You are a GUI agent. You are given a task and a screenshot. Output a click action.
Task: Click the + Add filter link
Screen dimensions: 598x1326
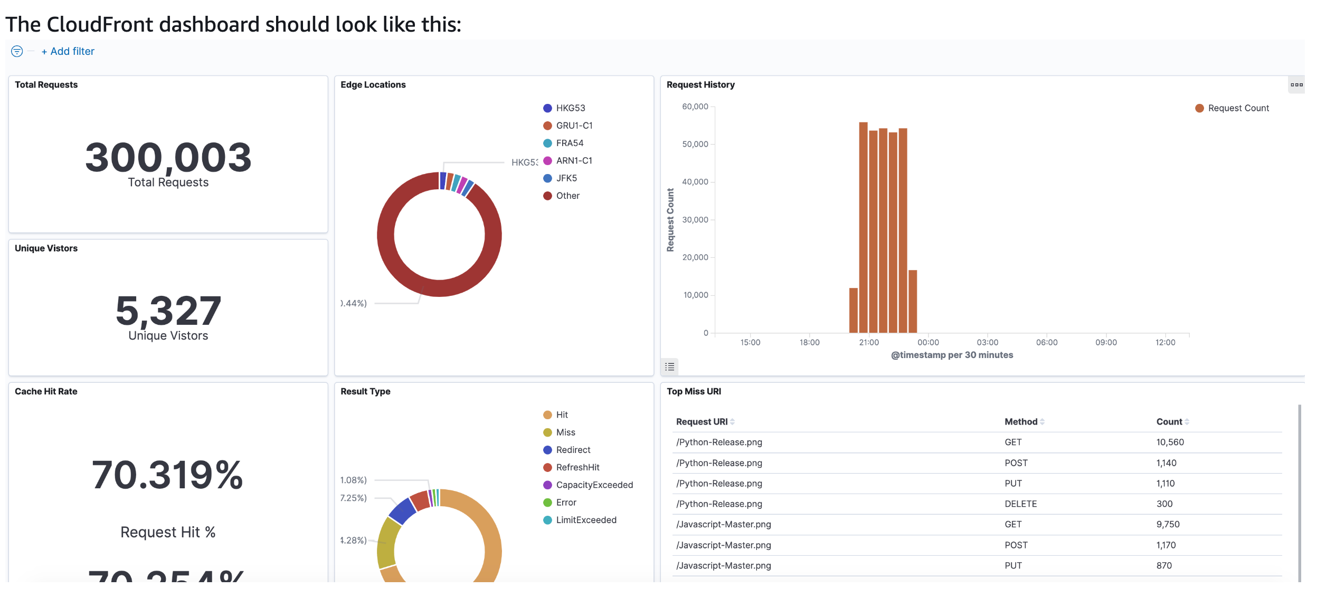pyautogui.click(x=68, y=51)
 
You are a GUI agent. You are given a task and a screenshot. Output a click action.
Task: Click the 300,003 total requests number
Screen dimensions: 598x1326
pyautogui.click(x=168, y=157)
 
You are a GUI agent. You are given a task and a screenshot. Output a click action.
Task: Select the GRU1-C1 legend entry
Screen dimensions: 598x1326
pyautogui.click(x=574, y=126)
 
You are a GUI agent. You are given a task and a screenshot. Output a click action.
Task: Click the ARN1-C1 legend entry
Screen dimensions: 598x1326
pyautogui.click(x=574, y=160)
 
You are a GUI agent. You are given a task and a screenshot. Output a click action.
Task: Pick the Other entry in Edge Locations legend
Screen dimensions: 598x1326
pyautogui.click(x=567, y=196)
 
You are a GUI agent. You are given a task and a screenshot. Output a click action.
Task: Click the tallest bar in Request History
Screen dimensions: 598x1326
pyautogui.click(x=863, y=227)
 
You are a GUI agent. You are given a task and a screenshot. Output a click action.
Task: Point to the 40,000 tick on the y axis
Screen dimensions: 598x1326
pyautogui.click(x=695, y=182)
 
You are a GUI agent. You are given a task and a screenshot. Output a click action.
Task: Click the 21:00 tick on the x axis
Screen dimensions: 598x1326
pyautogui.click(x=869, y=343)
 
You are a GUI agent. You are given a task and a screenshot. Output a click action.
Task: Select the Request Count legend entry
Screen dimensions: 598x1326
pyautogui.click(x=1238, y=108)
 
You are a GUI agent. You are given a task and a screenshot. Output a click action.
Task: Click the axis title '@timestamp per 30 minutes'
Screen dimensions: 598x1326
pyautogui.click(x=952, y=355)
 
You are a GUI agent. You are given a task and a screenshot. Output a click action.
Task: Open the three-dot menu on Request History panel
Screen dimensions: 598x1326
pyautogui.click(x=1296, y=85)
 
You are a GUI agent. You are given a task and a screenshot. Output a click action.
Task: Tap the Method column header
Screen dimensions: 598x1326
pyautogui.click(x=1020, y=422)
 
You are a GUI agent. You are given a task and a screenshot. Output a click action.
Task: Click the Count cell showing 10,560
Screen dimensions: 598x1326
pyautogui.click(x=1170, y=442)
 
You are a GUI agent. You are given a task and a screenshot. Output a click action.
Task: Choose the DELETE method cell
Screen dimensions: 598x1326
pyautogui.click(x=1020, y=504)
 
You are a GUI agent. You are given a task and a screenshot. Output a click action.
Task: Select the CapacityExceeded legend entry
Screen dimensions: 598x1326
pyautogui.click(x=594, y=485)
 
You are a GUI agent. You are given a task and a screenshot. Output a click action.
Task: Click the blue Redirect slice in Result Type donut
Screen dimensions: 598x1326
pyautogui.click(x=402, y=510)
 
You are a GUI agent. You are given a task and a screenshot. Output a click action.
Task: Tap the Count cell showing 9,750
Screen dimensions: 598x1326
pyautogui.click(x=1168, y=525)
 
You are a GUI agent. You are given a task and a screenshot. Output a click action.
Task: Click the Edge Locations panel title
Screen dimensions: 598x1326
pyautogui.click(x=373, y=85)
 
